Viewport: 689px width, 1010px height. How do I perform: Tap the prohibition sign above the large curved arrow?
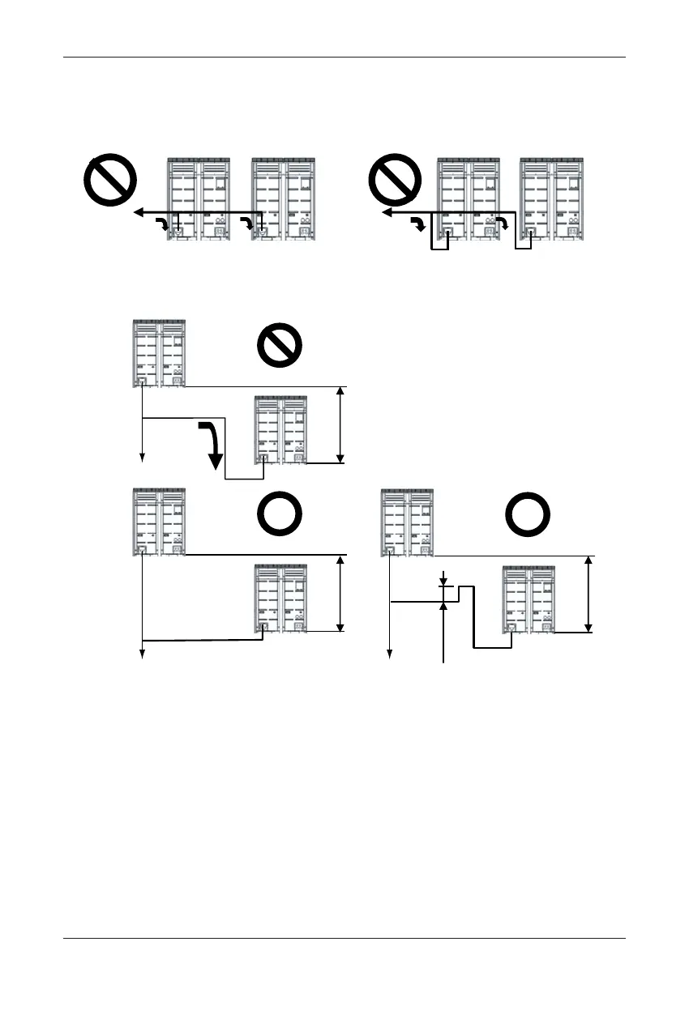pyautogui.click(x=280, y=349)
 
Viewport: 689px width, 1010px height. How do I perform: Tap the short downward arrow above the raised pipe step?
pyautogui.click(x=443, y=580)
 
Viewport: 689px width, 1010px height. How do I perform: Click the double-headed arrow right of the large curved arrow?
pyautogui.click(x=341, y=425)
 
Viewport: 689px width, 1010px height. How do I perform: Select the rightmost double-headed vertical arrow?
pyautogui.click(x=589, y=594)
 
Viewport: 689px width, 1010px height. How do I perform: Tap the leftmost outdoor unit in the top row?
pyautogui.click(x=198, y=198)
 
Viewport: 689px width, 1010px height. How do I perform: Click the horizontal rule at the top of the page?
pyautogui.click(x=344, y=58)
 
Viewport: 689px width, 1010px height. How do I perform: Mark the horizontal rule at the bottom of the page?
pyautogui.click(x=344, y=939)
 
